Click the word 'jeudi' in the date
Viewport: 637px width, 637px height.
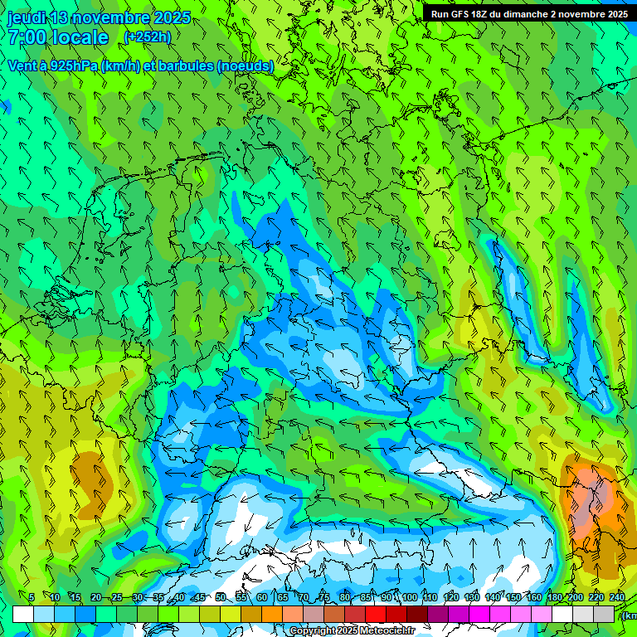point(27,17)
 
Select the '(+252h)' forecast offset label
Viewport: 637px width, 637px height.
point(148,37)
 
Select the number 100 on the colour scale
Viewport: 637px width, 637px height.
point(409,597)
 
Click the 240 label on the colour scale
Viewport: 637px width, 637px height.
point(616,597)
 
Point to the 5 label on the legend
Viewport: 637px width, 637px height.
point(32,597)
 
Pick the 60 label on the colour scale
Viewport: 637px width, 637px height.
point(262,597)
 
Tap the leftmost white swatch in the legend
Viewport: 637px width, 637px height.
point(23,614)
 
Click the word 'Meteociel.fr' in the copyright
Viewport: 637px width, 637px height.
point(388,631)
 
